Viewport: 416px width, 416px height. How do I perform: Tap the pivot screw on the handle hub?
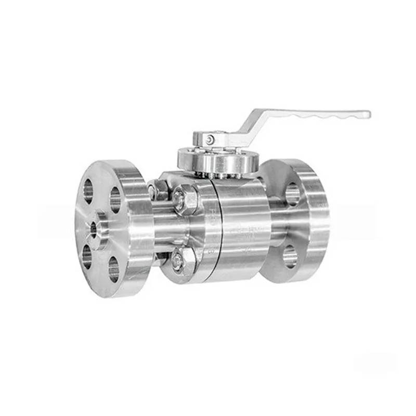pos(209,139)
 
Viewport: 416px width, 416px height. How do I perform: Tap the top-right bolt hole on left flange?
pos(115,199)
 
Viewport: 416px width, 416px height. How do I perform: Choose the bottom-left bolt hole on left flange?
pos(87,254)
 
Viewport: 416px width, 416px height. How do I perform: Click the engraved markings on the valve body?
pos(244,231)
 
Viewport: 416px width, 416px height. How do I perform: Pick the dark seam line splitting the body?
pos(218,229)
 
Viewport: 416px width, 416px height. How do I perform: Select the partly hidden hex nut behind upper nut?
pos(159,190)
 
